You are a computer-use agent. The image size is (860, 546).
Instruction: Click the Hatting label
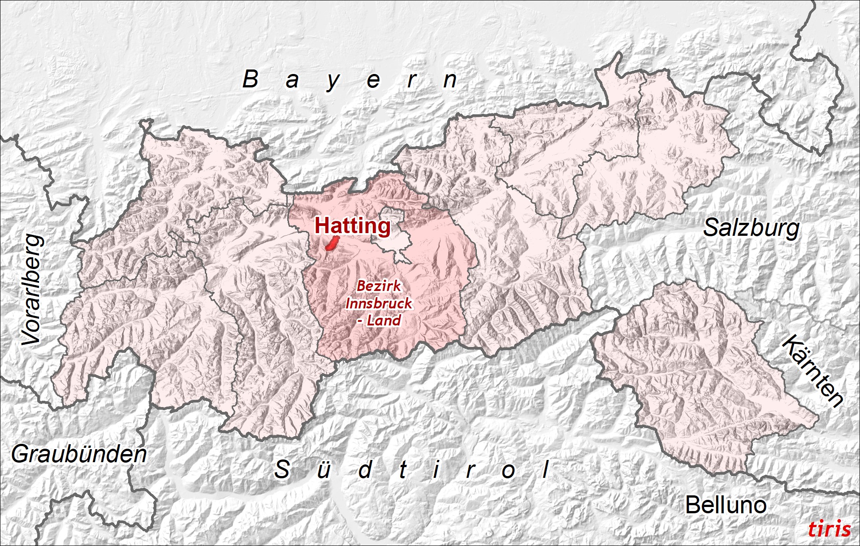[352, 225]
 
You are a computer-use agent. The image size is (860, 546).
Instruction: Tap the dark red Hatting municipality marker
[332, 244]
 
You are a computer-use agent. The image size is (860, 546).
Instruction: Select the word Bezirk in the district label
[379, 286]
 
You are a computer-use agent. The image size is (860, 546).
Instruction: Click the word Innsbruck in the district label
[379, 303]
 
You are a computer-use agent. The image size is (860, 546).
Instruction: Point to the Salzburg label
[751, 228]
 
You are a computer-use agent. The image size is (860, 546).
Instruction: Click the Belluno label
[726, 505]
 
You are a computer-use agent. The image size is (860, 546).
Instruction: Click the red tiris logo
[829, 529]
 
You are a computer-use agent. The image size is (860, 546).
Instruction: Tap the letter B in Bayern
[251, 79]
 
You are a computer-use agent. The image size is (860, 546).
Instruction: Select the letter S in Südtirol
[282, 469]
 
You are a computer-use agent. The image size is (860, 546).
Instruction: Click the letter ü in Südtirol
[324, 470]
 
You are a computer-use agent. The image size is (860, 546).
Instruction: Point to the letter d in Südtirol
[365, 470]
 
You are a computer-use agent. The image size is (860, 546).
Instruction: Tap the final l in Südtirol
[545, 469]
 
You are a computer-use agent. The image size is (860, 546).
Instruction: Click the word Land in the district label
[384, 321]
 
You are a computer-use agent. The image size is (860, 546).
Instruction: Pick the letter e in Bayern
[373, 81]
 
